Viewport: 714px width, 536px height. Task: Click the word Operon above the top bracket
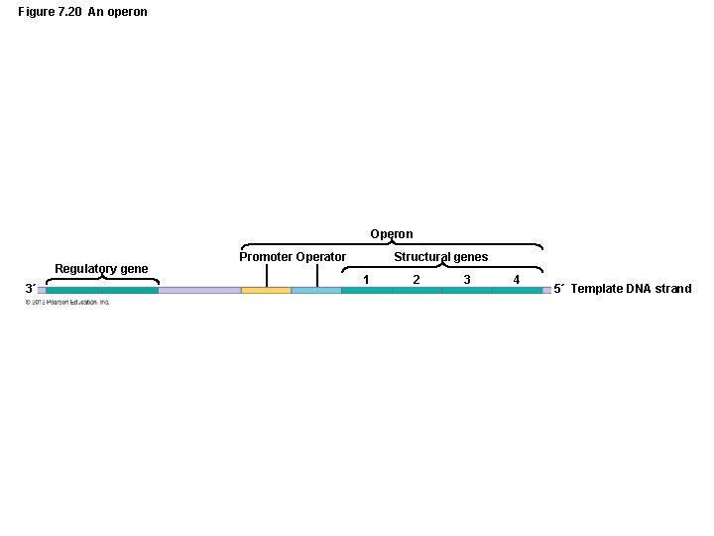[x=392, y=234]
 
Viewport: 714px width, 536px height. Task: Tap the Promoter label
[x=266, y=257]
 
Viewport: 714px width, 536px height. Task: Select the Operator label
[x=320, y=257]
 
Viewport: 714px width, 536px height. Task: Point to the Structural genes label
[x=440, y=257]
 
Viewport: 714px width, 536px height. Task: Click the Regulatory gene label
[x=101, y=269]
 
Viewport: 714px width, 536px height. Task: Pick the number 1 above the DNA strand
[x=366, y=280]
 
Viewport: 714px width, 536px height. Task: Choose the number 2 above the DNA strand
[x=416, y=280]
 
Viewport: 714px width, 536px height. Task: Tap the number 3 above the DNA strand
[x=467, y=280]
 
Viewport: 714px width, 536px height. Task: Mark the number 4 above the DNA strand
[x=517, y=280]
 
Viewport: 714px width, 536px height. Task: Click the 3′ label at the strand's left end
[x=30, y=289]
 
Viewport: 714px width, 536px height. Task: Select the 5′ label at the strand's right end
[x=559, y=289]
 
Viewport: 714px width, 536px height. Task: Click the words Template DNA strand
[x=632, y=289]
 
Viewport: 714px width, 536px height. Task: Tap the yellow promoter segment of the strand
[x=266, y=290]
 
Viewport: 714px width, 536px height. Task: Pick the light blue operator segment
[x=316, y=290]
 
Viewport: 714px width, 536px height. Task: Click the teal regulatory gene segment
[x=101, y=290]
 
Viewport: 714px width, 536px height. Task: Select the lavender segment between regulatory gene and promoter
[x=199, y=290]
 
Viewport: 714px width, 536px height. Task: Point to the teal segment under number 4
[x=517, y=290]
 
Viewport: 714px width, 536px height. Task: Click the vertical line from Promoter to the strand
[x=267, y=275]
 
